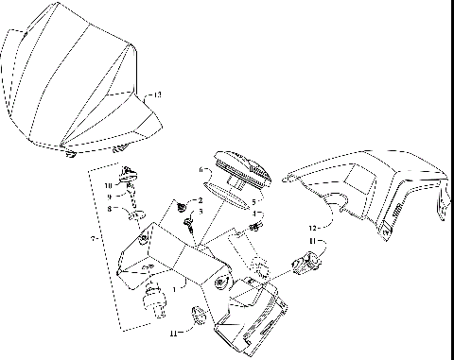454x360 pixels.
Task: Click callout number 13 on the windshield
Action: click(158, 95)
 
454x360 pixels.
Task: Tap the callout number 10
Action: click(110, 185)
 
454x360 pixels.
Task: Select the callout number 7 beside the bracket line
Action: click(92, 242)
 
